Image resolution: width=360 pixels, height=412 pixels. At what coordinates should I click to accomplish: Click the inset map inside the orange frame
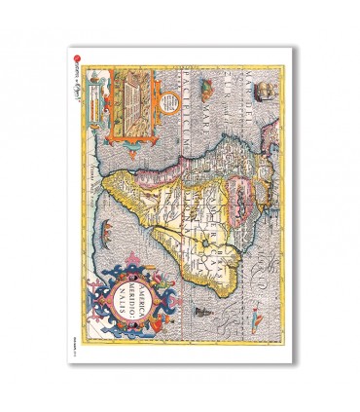(x=125, y=99)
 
